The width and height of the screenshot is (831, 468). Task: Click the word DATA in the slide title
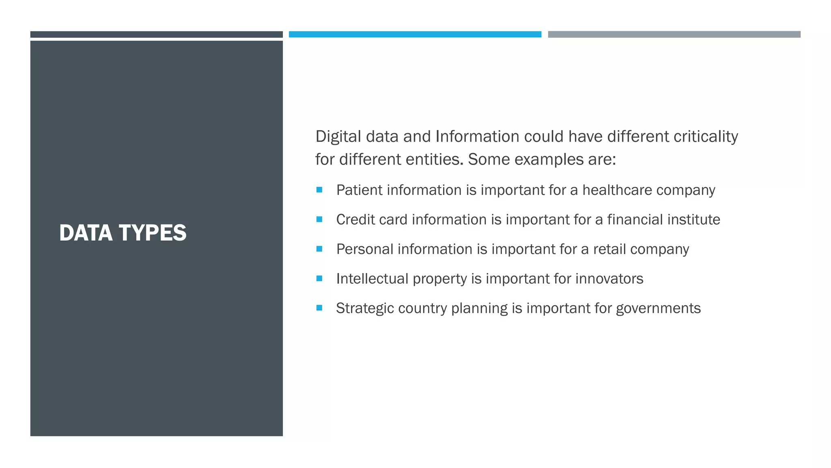(x=86, y=233)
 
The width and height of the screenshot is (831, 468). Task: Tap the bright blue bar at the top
(x=415, y=35)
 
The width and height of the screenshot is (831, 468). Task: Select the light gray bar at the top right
(x=674, y=35)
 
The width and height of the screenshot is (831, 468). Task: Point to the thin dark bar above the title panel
(x=156, y=35)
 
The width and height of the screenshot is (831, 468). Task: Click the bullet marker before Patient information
(x=319, y=190)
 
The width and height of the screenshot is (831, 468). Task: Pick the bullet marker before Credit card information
(x=319, y=219)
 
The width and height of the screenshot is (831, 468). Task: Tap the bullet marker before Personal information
(x=319, y=249)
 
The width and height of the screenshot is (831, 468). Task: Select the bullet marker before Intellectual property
(x=319, y=279)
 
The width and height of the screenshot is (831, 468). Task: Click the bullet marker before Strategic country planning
(x=319, y=308)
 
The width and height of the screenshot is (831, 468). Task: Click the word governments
(x=658, y=308)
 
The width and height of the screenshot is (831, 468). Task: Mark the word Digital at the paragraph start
(x=338, y=136)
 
